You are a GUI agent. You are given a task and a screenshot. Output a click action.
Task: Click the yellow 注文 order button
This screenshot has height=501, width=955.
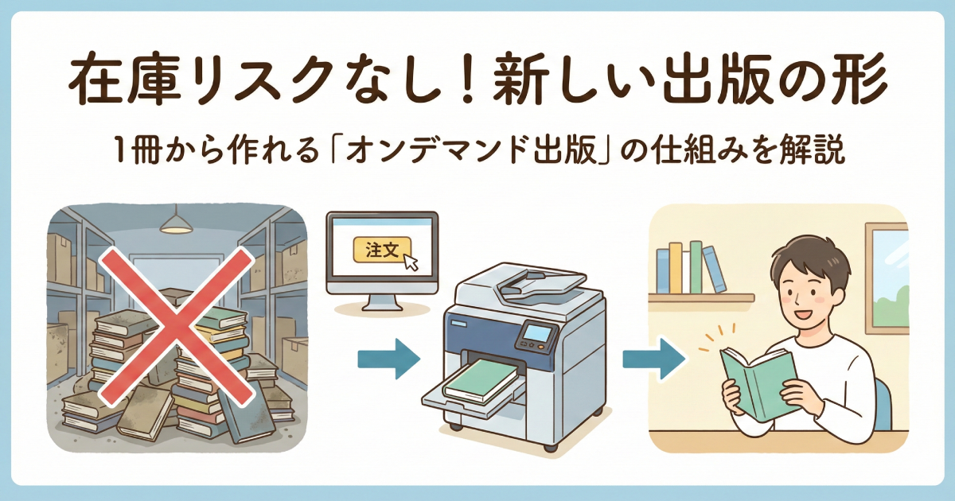pyautogui.click(x=382, y=249)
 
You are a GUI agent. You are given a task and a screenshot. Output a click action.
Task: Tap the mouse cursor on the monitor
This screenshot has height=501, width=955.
pyautogui.click(x=411, y=262)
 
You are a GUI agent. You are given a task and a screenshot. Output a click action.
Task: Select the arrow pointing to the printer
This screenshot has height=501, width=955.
pyautogui.click(x=389, y=359)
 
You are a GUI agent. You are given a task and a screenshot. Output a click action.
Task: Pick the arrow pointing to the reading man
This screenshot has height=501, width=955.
pyautogui.click(x=654, y=359)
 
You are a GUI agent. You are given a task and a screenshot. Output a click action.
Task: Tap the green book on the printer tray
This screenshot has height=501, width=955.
pyautogui.click(x=481, y=380)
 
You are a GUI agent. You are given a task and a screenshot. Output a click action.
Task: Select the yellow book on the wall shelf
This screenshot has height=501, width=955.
pyautogui.click(x=676, y=268)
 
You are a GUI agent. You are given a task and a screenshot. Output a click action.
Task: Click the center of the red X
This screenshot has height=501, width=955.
pyautogui.click(x=176, y=326)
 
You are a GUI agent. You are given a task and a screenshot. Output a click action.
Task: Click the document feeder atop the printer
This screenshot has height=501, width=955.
pyautogui.click(x=540, y=282)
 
